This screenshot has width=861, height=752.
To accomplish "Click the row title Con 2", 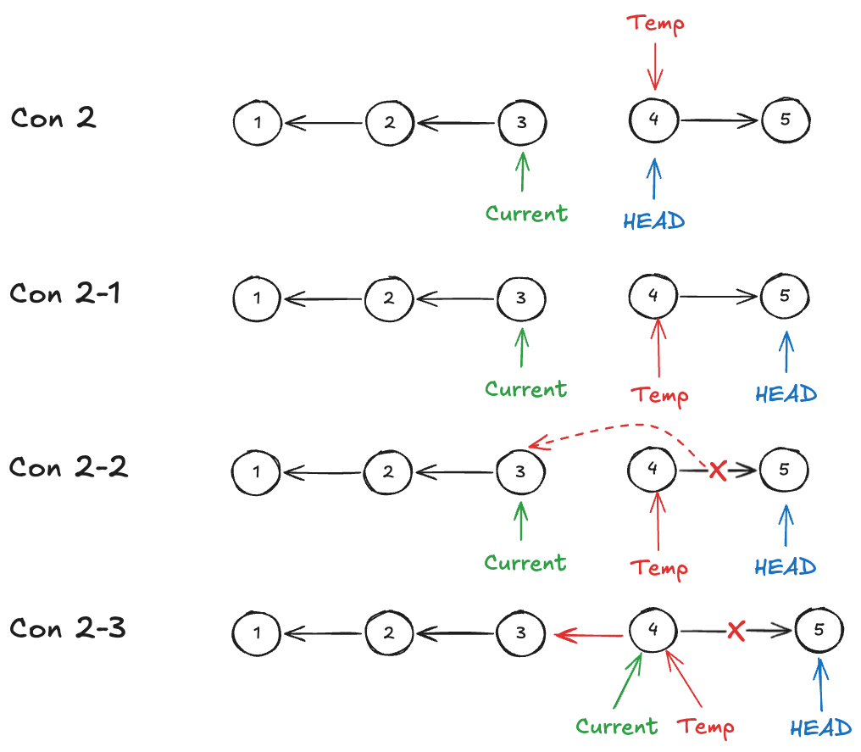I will (53, 118).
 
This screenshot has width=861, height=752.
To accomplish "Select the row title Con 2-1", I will (65, 293).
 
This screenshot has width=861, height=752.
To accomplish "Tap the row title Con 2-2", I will (68, 466).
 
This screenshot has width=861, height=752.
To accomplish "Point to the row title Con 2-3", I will (68, 628).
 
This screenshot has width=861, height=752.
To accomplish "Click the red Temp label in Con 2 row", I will (655, 23).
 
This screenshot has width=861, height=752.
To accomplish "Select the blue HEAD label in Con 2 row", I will (653, 221).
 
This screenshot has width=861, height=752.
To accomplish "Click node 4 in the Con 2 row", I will (653, 120).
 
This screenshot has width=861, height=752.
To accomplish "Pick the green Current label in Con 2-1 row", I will (525, 389).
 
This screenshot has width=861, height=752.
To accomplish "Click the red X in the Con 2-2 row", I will (717, 470).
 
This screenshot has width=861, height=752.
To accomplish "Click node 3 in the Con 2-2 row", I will (521, 471).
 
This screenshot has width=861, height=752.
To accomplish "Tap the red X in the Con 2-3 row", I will (736, 631).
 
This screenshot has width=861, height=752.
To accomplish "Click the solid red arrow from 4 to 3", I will (590, 633).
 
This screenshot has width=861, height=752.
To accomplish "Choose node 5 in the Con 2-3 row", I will (819, 630).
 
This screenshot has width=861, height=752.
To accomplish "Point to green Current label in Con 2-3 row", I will (616, 727).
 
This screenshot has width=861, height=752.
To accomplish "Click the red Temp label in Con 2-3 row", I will (706, 727).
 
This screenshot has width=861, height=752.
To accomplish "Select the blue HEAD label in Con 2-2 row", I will (785, 565).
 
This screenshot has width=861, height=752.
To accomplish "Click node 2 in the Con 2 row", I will (389, 123).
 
